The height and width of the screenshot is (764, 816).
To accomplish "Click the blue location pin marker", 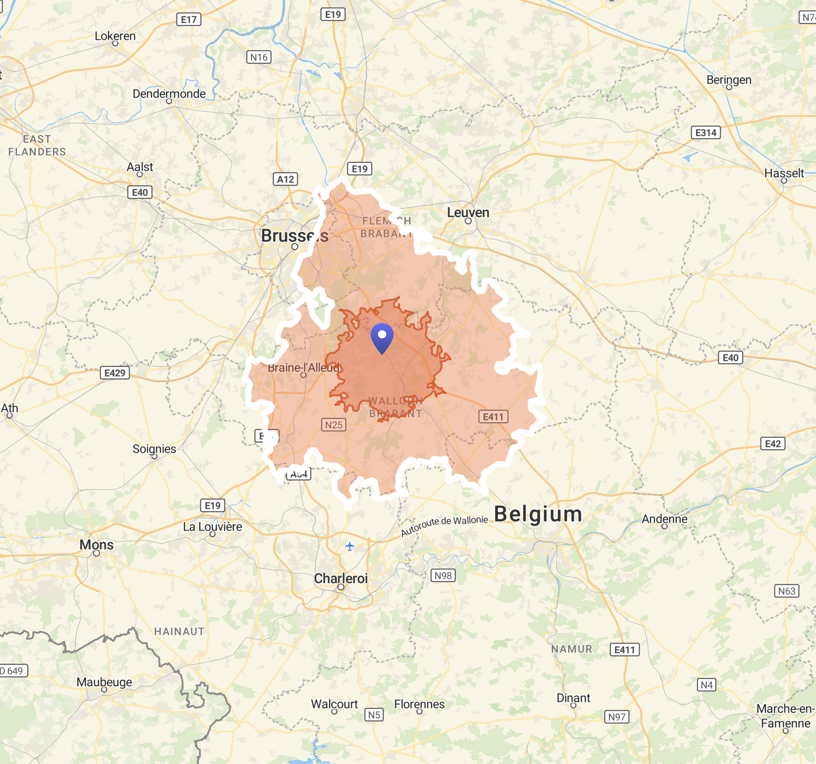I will (382, 337).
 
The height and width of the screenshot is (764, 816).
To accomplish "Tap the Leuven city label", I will (468, 212).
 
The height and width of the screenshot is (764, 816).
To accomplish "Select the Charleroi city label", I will (341, 578).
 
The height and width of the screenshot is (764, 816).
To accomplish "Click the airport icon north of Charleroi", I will (350, 546).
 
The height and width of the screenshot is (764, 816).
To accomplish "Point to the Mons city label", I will (97, 545).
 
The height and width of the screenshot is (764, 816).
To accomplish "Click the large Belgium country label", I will (538, 514).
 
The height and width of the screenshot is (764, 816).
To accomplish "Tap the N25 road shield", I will (334, 425).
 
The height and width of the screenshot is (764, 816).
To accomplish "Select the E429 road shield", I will (115, 373).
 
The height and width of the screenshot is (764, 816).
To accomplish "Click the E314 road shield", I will (706, 132).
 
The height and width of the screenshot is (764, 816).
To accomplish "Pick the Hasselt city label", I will (784, 173).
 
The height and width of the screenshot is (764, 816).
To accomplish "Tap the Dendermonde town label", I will (169, 94).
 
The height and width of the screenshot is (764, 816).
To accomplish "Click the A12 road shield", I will (285, 179).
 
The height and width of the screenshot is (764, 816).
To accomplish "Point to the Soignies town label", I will (154, 449).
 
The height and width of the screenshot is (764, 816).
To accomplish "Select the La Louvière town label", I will (212, 527).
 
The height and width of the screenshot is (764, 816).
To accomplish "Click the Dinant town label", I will (573, 698).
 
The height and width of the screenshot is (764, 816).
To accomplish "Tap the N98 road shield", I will (443, 575).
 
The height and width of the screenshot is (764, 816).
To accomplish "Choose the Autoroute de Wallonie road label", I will (444, 526).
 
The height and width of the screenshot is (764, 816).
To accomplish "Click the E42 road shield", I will (772, 444).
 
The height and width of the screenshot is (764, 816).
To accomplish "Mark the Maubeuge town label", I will (104, 682).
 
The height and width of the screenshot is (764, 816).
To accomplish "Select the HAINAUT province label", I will (179, 632).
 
